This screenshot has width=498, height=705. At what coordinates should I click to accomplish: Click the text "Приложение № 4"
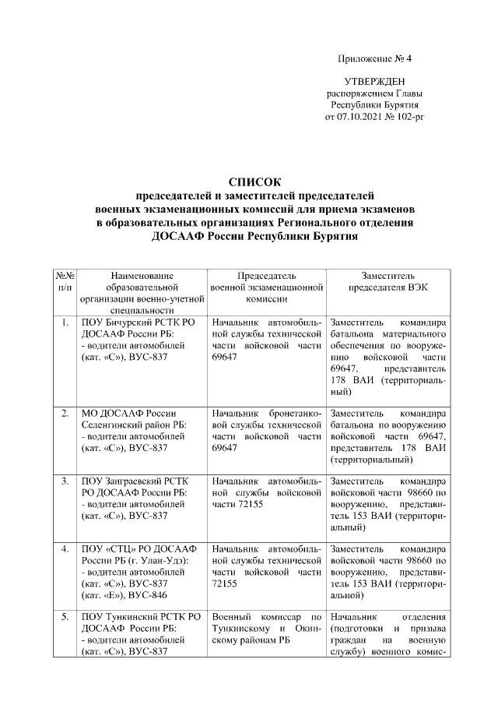point(374,59)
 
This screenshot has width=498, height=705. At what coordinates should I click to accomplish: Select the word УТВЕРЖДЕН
point(374,82)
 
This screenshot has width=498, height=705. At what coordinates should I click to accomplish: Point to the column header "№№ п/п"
point(65,281)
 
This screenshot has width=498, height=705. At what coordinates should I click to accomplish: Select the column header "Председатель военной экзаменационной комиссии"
point(267,287)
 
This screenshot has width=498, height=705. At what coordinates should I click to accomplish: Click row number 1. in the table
point(65,322)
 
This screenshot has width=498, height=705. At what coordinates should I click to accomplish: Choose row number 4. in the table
point(65,549)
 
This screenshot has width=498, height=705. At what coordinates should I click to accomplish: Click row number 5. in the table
point(65,618)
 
